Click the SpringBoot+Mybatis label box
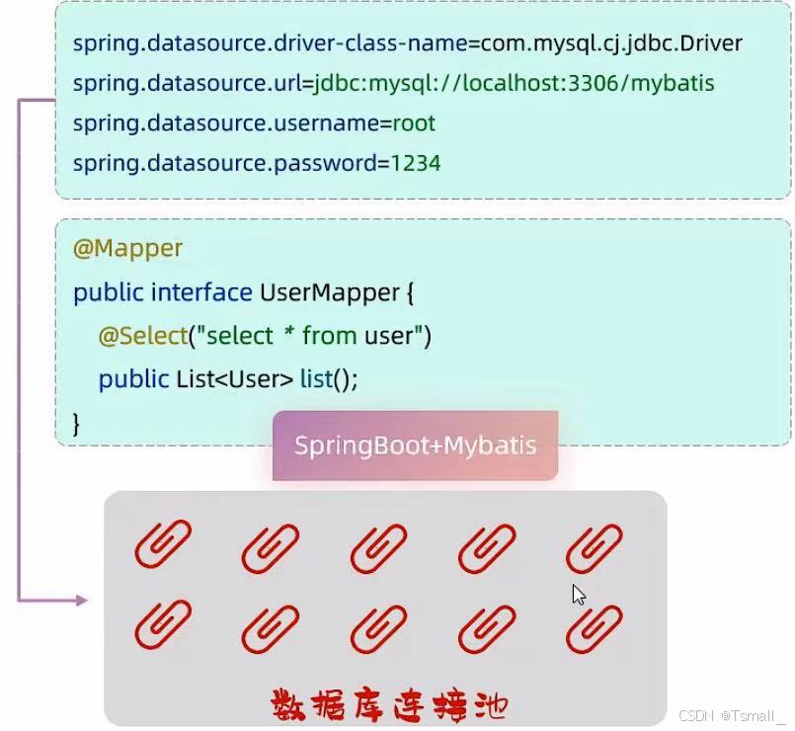coord(415,446)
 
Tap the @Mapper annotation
coord(127,249)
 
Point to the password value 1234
coord(416,163)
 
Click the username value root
coord(414,123)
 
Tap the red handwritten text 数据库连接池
coord(389,705)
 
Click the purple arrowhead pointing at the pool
coord(82,600)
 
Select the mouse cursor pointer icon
coord(579,595)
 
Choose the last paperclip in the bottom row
coord(594,629)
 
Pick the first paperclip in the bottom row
coord(163,629)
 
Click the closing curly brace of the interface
coord(77,423)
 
